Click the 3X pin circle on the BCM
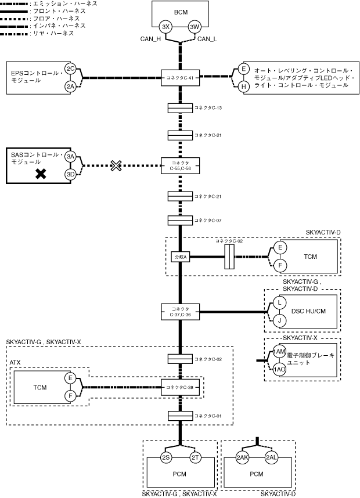pos(166,27)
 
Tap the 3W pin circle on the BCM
pos(194,27)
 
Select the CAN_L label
pos(207,39)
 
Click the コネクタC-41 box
pos(180,77)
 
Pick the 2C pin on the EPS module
pos(70,69)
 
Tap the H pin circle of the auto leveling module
pos(244,86)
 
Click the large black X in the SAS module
pos(41,174)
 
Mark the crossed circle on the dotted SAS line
pos(116,165)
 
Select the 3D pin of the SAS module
pos(70,174)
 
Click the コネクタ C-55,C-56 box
pos(180,165)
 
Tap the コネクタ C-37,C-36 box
pos(180,311)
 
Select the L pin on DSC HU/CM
pos(279,303)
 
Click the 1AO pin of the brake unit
pos(279,369)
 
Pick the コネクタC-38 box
pos(180,388)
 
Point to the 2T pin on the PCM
pos(195,457)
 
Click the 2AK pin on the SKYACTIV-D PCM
pos(243,457)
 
